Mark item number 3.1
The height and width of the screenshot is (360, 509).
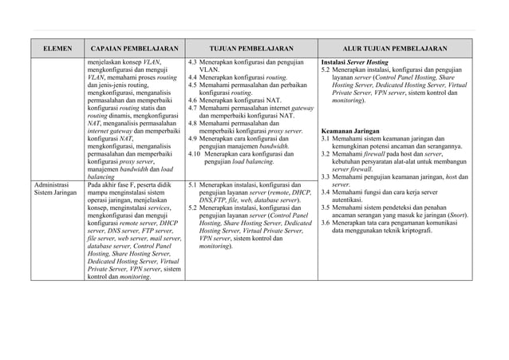pos(326,138)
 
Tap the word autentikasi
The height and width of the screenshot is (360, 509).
pos(350,200)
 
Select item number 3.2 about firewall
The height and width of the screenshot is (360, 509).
pos(326,153)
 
